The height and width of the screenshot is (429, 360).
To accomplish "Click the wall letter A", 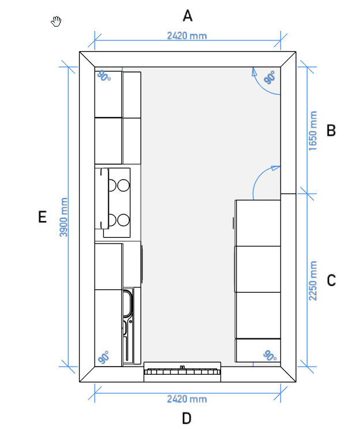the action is pyautogui.click(x=187, y=16).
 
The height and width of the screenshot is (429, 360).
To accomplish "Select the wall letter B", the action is pyautogui.click(x=331, y=130).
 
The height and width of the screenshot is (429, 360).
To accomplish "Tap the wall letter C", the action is pyautogui.click(x=331, y=281).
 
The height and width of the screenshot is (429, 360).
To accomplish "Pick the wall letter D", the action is pyautogui.click(x=187, y=419).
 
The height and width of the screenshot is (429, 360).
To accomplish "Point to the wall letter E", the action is pyautogui.click(x=42, y=217).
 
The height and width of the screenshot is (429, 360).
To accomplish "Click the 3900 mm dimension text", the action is pyautogui.click(x=63, y=217).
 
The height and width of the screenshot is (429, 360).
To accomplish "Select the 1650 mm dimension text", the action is pyautogui.click(x=313, y=130).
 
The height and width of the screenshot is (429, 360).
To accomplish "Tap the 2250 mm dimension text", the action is pyautogui.click(x=313, y=281).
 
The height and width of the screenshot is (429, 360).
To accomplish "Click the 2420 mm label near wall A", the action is pyautogui.click(x=187, y=36).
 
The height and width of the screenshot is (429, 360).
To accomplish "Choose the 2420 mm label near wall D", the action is pyautogui.click(x=187, y=399).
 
